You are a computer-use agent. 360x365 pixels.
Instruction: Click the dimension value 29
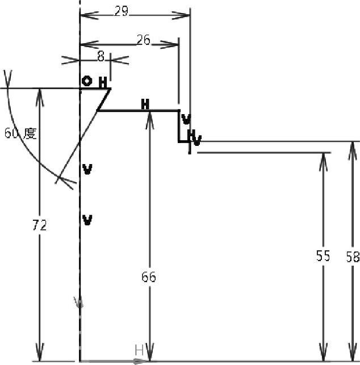121,11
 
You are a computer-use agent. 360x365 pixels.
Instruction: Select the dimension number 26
144,39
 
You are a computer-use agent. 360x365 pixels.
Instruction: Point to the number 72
39,225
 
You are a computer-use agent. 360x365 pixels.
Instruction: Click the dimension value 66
149,278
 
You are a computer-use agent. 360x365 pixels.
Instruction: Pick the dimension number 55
323,257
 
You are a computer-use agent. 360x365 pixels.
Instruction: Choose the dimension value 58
353,257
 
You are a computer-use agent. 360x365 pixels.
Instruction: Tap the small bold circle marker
86,81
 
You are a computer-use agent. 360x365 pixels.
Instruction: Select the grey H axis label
139,350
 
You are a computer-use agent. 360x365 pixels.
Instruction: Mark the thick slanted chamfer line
104,99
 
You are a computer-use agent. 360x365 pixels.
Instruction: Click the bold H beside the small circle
103,83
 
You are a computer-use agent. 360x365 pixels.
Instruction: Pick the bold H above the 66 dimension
145,104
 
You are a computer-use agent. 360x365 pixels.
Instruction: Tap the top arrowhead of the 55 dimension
324,157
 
